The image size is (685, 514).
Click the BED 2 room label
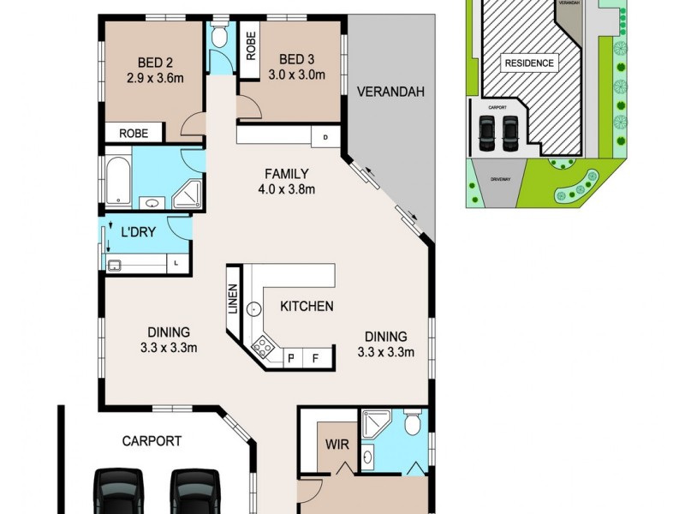click(x=154, y=62)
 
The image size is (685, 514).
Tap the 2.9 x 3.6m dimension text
click(x=154, y=78)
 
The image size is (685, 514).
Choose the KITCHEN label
click(x=307, y=306)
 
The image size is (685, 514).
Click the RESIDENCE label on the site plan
click(x=528, y=63)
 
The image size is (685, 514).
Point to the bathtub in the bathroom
click(x=116, y=179)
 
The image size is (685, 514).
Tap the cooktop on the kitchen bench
click(x=261, y=348)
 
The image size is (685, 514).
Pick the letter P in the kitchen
click(x=292, y=358)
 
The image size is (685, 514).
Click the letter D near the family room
click(x=325, y=137)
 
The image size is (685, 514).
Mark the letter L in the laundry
click(x=176, y=263)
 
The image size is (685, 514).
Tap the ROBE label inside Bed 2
click(x=134, y=134)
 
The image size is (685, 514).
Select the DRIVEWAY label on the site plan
click(x=500, y=180)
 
